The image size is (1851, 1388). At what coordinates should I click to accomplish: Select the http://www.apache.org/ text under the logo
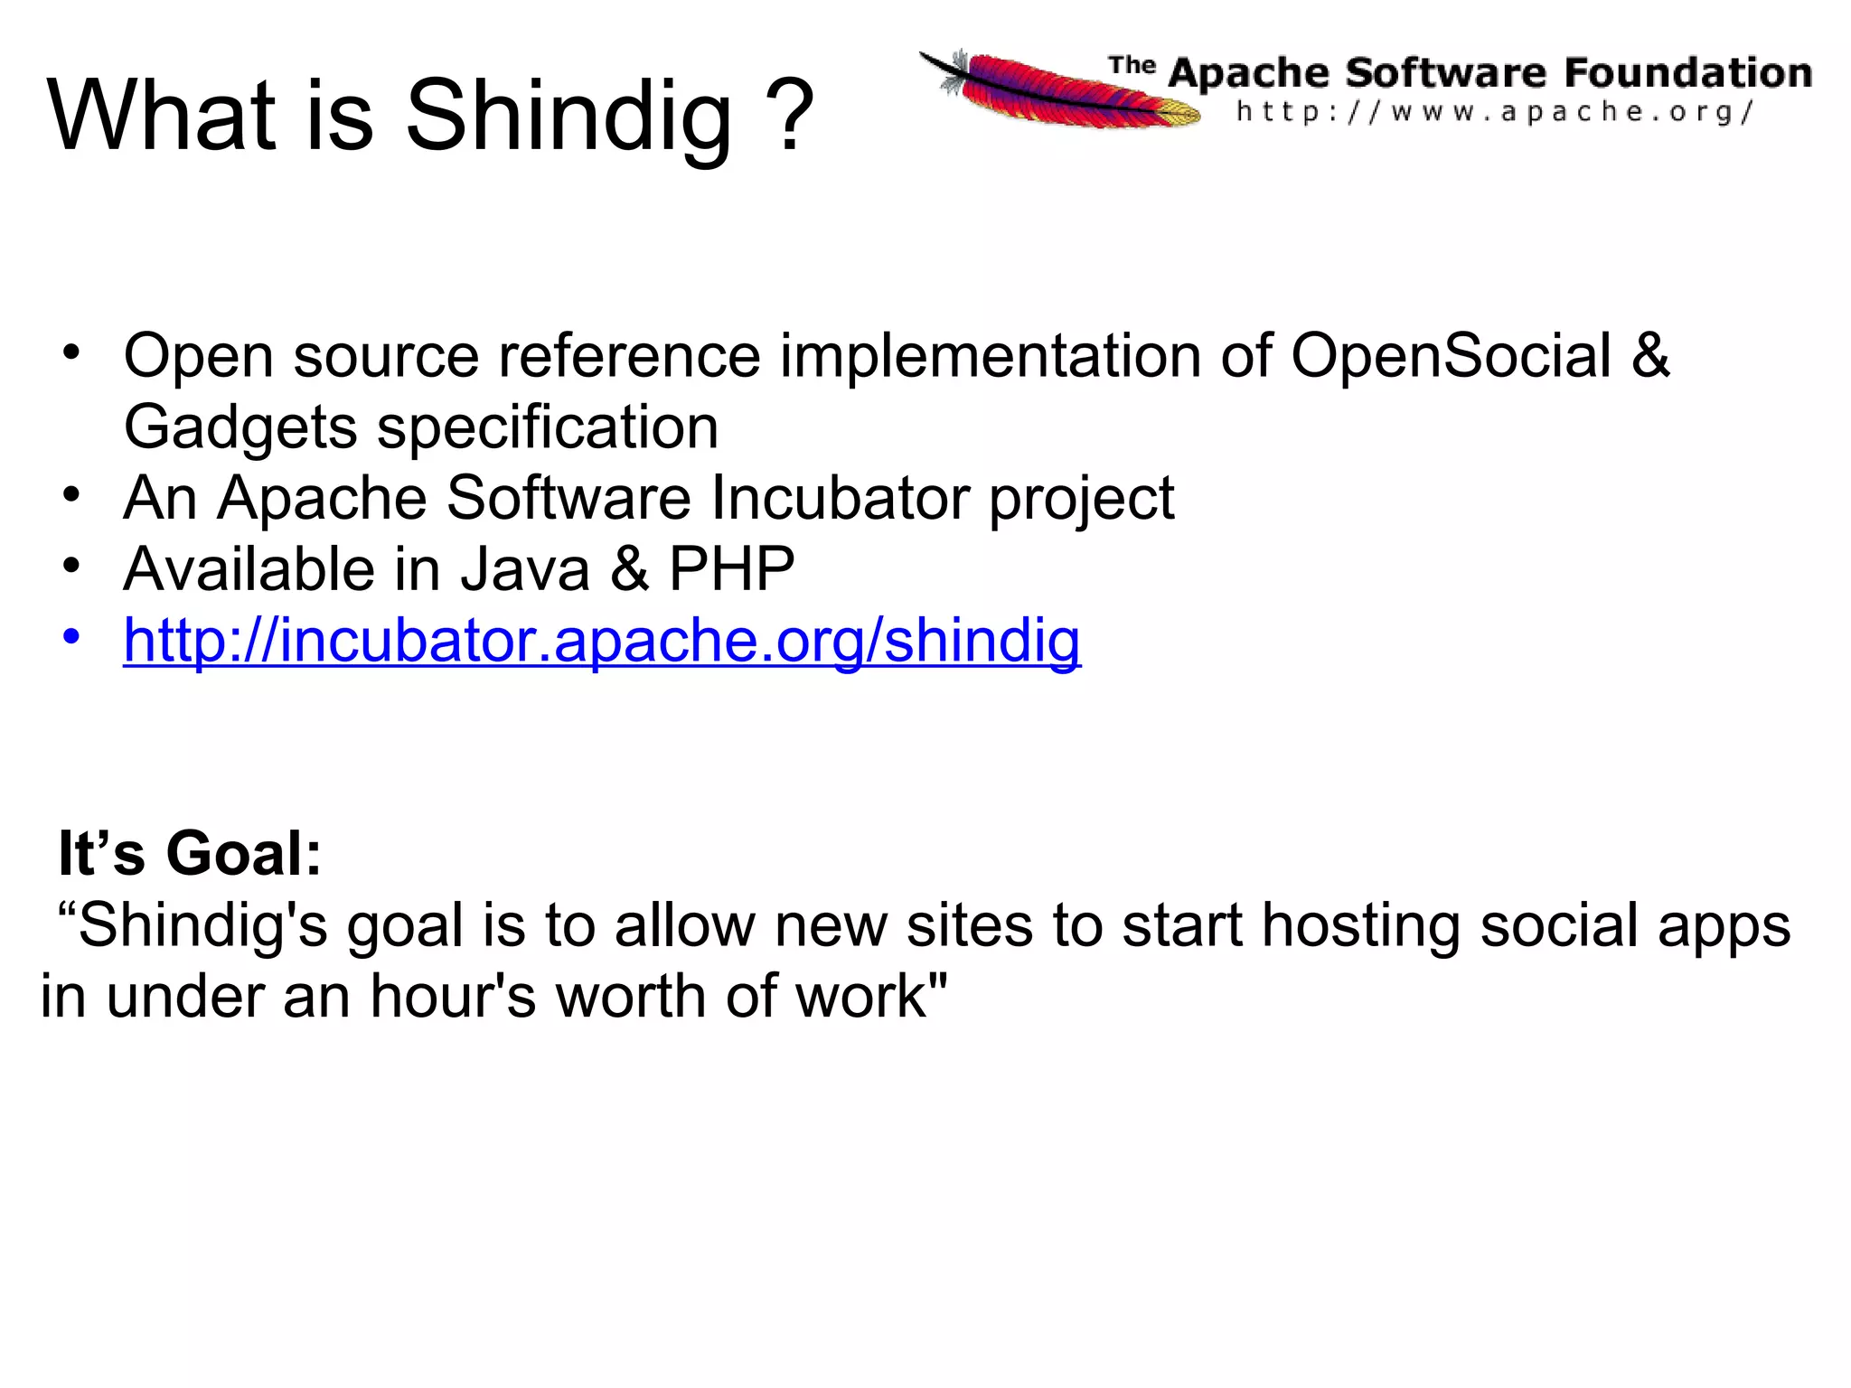[1495, 112]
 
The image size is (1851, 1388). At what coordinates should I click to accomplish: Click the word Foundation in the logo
[1687, 72]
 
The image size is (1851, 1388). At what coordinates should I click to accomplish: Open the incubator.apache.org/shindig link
[602, 640]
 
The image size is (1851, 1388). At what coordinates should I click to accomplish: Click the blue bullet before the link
[71, 636]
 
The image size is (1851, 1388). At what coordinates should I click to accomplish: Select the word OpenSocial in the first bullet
[1450, 355]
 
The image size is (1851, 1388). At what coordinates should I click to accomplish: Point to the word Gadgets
[240, 427]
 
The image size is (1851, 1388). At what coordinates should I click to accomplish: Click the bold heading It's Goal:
[190, 853]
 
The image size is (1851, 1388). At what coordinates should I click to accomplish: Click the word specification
[548, 427]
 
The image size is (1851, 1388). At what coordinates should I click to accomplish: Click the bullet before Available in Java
[71, 566]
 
